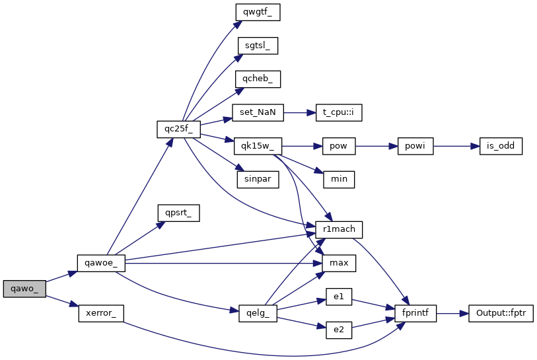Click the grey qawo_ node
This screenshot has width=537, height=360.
point(24,289)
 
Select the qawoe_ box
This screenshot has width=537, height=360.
point(101,262)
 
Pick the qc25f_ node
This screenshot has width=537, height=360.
point(178,128)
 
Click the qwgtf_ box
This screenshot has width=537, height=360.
point(256,12)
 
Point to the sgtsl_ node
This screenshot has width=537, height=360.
point(258,46)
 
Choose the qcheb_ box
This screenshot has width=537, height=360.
point(258,79)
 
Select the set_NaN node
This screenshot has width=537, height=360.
point(258,112)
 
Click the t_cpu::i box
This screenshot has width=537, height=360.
point(339,112)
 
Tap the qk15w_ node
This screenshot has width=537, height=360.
point(258,145)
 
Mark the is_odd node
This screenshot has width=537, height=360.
point(501,145)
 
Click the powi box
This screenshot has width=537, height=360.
point(415,145)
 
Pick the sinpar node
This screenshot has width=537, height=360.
point(258,179)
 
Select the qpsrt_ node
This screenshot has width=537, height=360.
point(178,212)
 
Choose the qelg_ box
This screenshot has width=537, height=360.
point(258,312)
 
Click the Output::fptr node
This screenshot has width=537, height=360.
point(501,312)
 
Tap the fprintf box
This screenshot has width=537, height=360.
point(415,312)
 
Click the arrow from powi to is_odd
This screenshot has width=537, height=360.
point(456,145)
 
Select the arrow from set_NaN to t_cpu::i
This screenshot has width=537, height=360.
point(300,112)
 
